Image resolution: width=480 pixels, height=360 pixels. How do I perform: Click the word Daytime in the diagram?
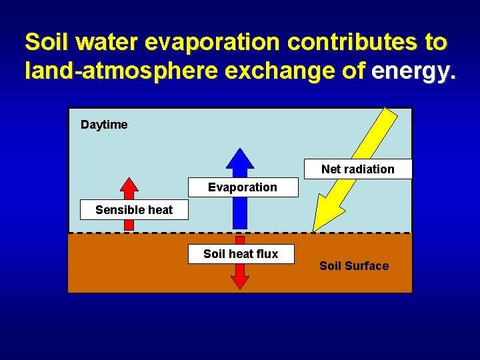(x=104, y=125)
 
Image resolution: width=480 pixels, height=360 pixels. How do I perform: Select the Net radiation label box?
(x=358, y=169)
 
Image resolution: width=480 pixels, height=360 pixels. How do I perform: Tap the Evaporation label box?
(x=243, y=187)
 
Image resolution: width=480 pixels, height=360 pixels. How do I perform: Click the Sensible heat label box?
(x=134, y=210)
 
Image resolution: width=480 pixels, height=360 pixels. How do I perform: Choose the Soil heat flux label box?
(x=241, y=254)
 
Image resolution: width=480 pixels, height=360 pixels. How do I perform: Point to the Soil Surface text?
(x=354, y=266)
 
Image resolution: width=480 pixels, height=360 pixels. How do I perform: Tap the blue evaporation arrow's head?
(x=240, y=160)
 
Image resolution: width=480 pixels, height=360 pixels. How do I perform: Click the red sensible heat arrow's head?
(x=129, y=186)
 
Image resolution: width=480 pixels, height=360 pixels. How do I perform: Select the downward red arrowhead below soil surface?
(x=240, y=281)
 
